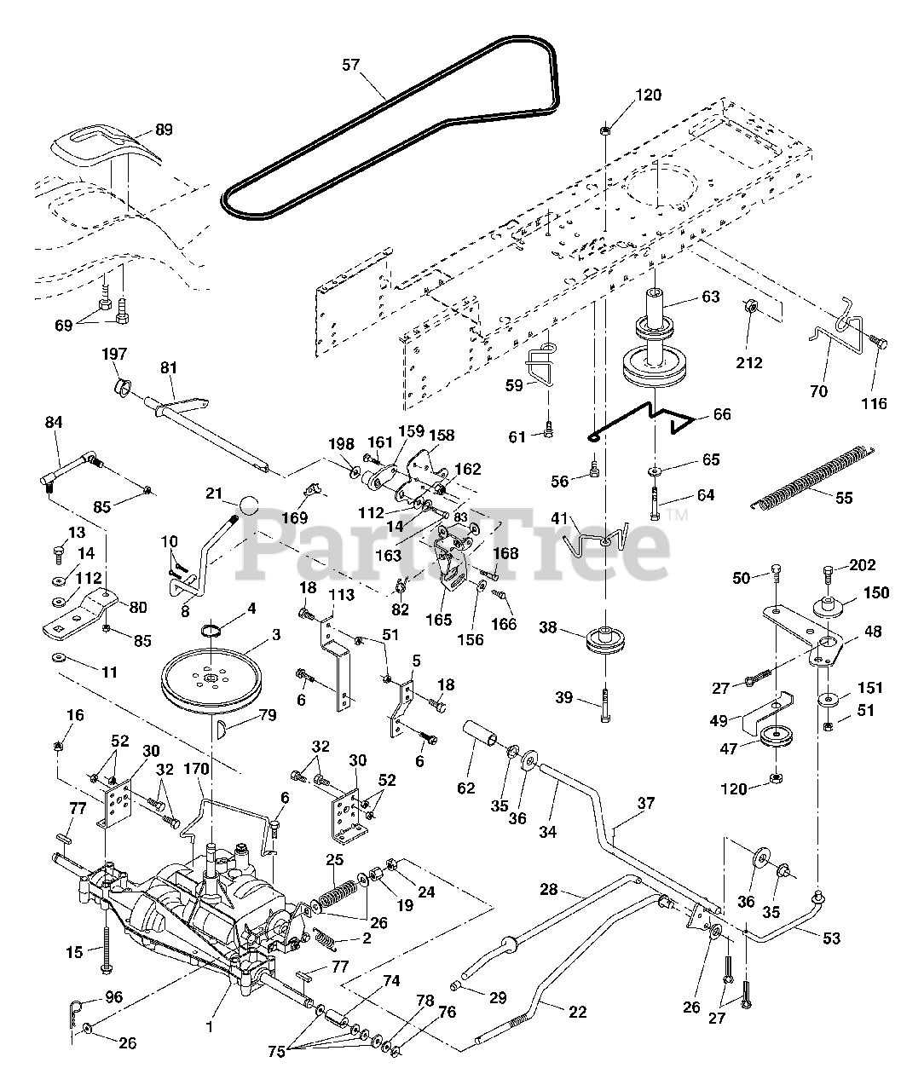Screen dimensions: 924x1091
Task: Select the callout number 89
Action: pos(165,130)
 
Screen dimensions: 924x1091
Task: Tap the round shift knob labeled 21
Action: pos(248,505)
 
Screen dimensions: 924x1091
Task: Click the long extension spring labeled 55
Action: pos(812,477)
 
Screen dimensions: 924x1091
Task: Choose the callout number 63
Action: pos(711,297)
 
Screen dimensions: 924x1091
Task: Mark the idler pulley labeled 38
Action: pos(604,640)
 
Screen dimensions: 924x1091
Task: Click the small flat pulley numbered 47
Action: pos(776,736)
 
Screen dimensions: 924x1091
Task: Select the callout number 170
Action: pos(196,769)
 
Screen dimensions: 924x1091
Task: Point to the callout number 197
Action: pos(114,354)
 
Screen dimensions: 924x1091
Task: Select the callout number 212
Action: pos(749,362)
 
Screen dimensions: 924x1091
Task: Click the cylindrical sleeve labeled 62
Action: pos(480,734)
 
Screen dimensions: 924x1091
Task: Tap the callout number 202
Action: pos(863,565)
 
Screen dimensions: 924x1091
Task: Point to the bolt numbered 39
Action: pos(605,705)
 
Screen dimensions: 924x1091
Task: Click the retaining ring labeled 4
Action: pos(211,630)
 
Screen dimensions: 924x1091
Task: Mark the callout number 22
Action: pos(578,1012)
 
